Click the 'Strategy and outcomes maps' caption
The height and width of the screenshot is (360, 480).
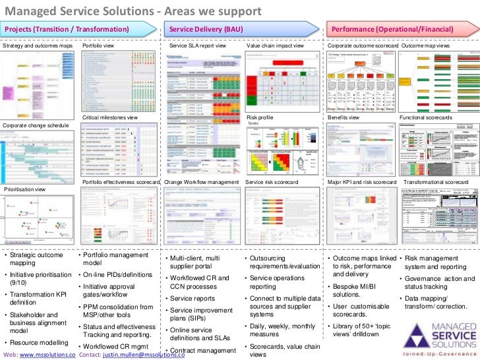pyautogui.click(x=38, y=47)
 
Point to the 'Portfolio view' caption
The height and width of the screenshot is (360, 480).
pyautogui.click(x=98, y=47)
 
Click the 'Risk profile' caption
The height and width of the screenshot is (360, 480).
pyautogui.click(x=259, y=117)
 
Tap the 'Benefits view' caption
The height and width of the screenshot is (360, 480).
pyautogui.click(x=344, y=117)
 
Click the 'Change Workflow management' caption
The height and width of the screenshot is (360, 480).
pyautogui.click(x=201, y=181)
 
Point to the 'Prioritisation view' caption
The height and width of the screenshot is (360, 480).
pyautogui.click(x=25, y=189)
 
